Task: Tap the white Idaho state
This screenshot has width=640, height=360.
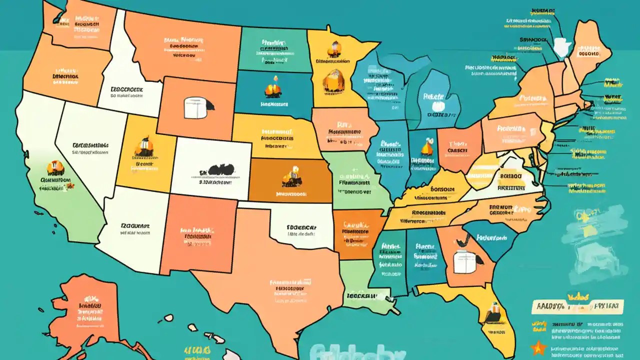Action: (x=125, y=75)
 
